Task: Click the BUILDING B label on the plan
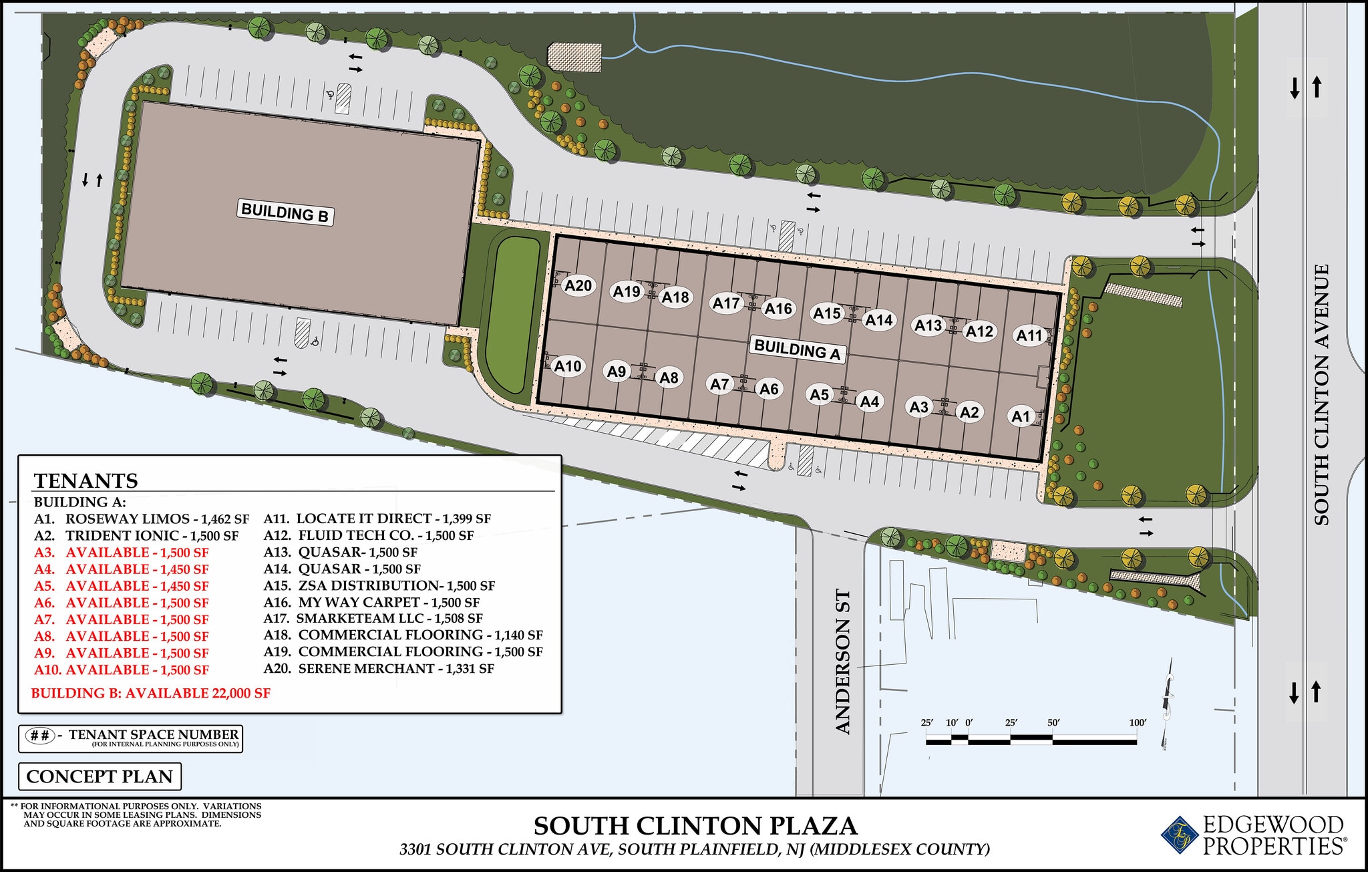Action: tap(285, 213)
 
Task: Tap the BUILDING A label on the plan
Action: tap(797, 349)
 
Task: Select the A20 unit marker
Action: tap(578, 286)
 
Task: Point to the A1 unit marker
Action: tap(1021, 416)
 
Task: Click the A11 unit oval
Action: tap(1029, 335)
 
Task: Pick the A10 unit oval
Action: tap(568, 366)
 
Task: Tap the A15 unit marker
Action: tap(827, 313)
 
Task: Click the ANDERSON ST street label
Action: tap(843, 662)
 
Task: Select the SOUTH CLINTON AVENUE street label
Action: tap(1321, 394)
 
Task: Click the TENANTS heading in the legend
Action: tap(86, 480)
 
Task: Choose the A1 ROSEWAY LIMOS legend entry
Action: tap(142, 519)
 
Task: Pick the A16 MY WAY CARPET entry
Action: tap(371, 602)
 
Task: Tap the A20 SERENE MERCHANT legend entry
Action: tap(379, 669)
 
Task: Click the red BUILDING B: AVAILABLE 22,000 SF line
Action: tap(151, 694)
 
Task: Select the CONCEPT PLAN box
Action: tap(100, 776)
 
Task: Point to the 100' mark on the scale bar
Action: tap(1138, 723)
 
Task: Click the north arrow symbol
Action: tap(1168, 708)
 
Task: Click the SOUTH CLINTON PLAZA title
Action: tap(695, 827)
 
